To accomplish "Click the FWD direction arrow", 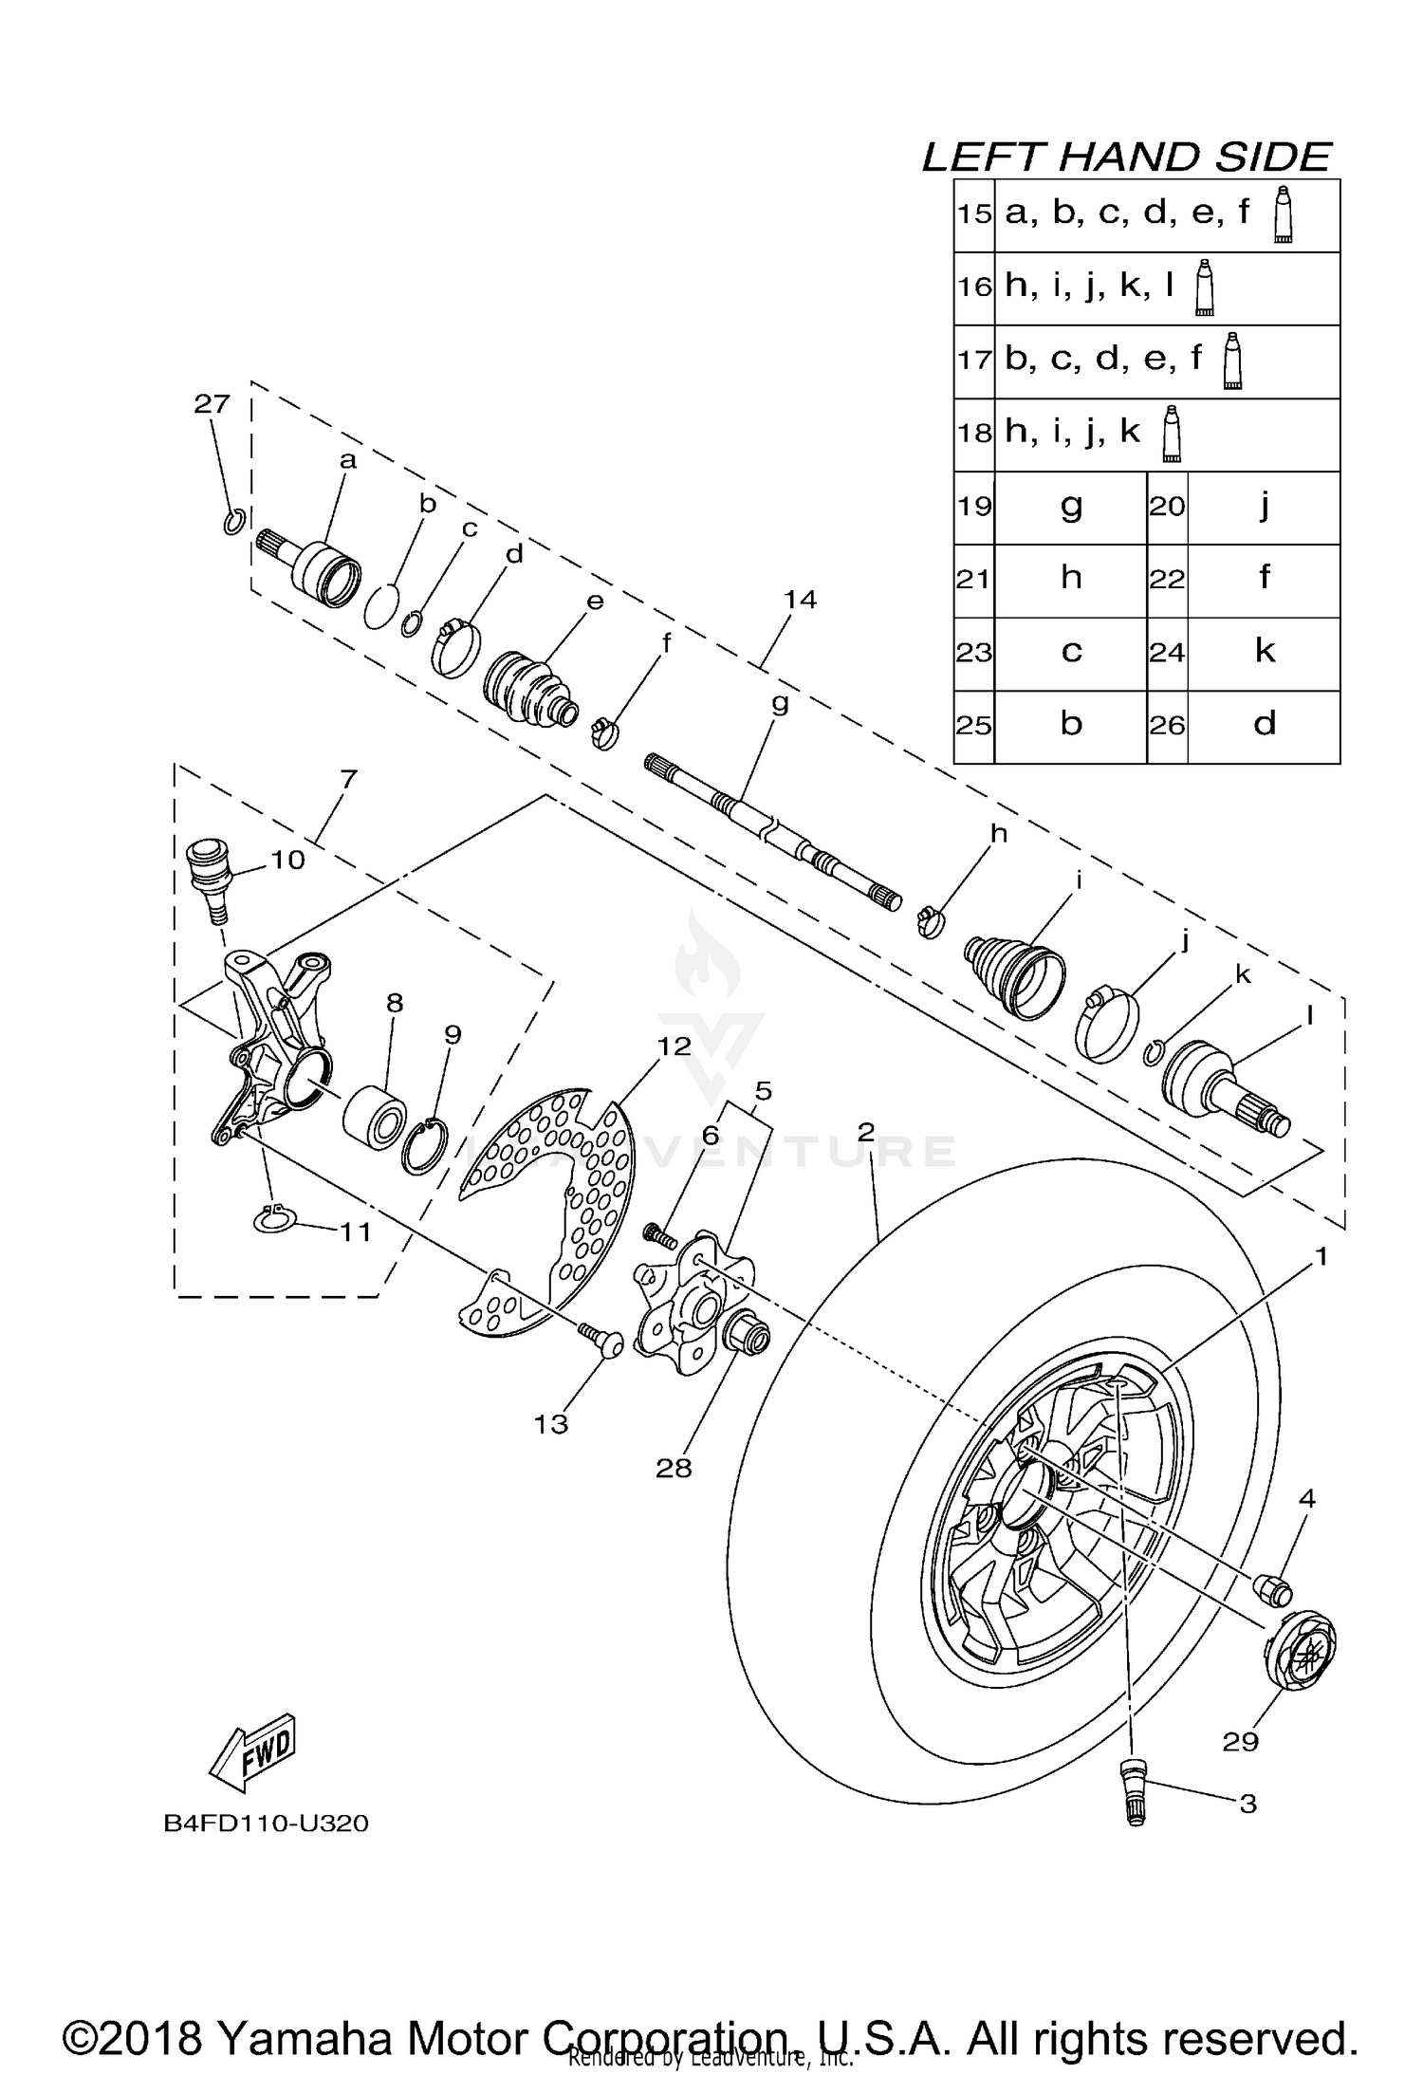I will [253, 1749].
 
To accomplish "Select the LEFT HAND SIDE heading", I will [1126, 157].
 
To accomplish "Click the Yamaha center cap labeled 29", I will [1301, 1652].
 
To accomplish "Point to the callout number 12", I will [675, 1046].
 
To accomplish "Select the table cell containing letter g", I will [1070, 506].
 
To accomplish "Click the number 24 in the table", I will [1166, 653].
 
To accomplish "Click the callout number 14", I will [800, 599].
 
